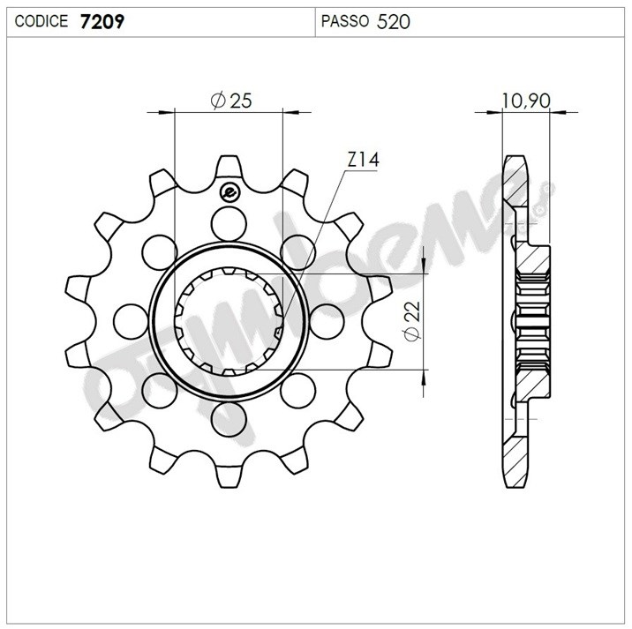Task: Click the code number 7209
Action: (102, 21)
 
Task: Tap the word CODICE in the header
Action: (41, 21)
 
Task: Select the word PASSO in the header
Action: (344, 21)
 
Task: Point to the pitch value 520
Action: (393, 22)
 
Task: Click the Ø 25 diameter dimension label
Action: (231, 101)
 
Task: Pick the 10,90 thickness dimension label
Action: (526, 101)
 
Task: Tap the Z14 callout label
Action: (363, 160)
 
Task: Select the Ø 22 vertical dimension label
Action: (413, 321)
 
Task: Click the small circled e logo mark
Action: (229, 193)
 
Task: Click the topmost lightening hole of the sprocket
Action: (229, 224)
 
